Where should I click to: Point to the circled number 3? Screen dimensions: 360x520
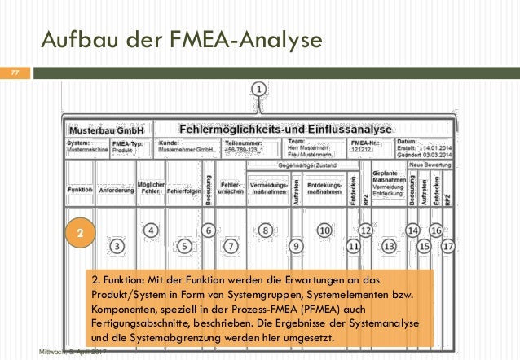click(117, 244)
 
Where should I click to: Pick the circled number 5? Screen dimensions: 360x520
click(186, 244)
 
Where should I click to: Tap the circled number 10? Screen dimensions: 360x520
click(324, 230)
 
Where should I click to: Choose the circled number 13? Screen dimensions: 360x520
click(389, 244)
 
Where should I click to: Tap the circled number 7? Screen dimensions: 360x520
click(231, 244)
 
